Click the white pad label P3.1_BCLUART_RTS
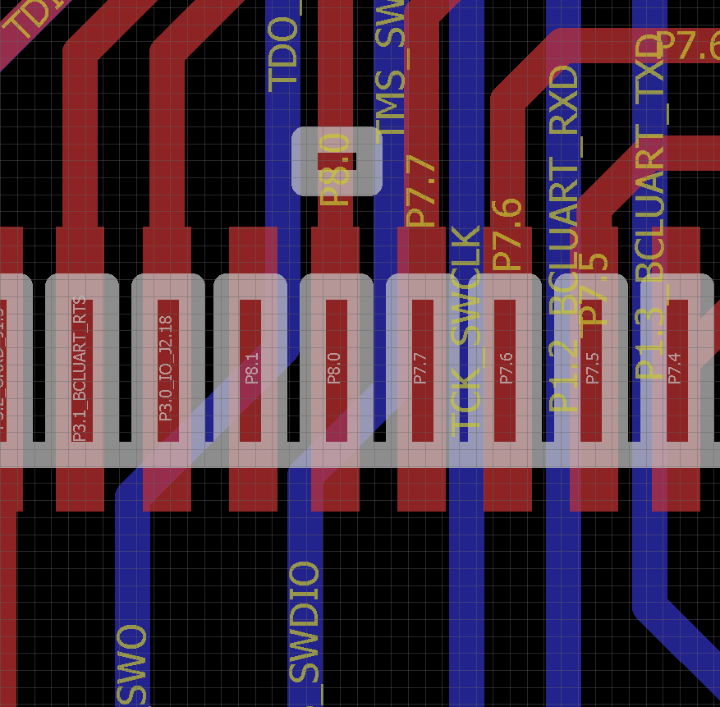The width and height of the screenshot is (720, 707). [80, 369]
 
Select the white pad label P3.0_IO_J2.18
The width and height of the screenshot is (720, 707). [166, 369]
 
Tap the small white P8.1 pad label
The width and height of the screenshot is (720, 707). [252, 369]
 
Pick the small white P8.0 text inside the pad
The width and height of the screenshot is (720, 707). [334, 369]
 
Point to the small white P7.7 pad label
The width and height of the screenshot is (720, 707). [420, 369]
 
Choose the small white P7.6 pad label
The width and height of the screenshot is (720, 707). [506, 369]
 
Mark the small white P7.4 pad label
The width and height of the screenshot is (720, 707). [675, 369]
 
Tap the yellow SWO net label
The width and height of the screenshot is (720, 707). [133, 665]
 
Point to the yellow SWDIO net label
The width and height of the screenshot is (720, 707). [305, 624]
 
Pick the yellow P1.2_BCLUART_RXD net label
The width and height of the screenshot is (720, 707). [564, 238]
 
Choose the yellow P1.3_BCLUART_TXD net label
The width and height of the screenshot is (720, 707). [651, 205]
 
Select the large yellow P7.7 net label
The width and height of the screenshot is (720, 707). [422, 193]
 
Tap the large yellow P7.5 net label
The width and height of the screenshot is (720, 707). [594, 287]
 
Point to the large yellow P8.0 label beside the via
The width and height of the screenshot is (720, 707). [336, 170]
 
